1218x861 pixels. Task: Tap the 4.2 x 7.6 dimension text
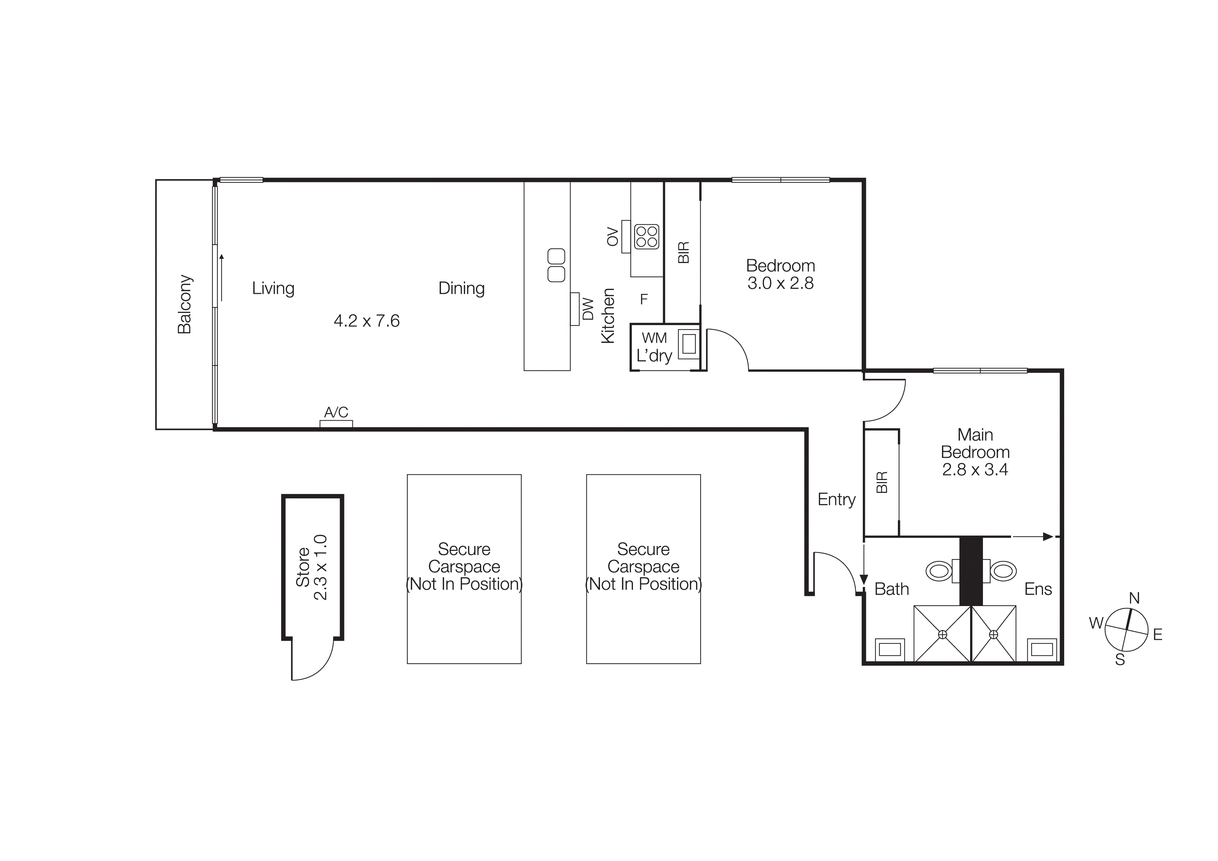[x=367, y=321]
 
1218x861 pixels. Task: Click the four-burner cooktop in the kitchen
[x=646, y=237]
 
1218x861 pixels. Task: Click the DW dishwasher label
[x=588, y=309]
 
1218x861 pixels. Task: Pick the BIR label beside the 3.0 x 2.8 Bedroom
[x=683, y=252]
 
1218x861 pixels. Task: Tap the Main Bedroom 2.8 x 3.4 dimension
[x=975, y=470]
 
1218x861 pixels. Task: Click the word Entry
[x=836, y=499]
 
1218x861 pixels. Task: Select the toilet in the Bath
[x=938, y=571]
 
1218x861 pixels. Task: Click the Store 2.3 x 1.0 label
[x=311, y=567]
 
